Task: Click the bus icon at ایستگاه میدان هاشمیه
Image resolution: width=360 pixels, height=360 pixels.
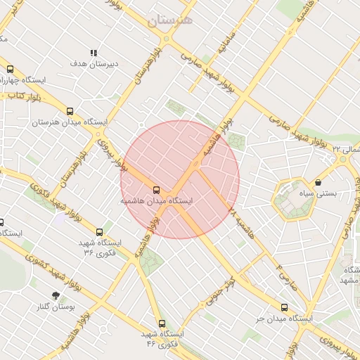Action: coord(156,190)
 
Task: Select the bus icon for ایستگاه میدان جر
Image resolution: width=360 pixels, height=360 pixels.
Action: coord(284,307)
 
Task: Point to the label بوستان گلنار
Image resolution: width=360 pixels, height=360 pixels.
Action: coord(56,307)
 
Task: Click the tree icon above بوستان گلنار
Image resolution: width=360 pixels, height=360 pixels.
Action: coord(56,295)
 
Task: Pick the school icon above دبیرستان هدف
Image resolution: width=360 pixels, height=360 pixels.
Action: coord(94,53)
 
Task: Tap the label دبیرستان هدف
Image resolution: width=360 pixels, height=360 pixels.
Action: coord(94,63)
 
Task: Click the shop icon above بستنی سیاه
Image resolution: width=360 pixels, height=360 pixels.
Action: coord(319,182)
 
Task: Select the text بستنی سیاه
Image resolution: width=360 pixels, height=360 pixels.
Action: coord(318,193)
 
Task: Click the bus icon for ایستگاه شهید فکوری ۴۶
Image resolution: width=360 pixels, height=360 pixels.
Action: coord(162,323)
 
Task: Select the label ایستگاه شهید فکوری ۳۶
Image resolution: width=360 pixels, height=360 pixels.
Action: coord(99,247)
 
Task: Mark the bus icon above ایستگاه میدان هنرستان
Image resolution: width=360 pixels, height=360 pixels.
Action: coord(69,110)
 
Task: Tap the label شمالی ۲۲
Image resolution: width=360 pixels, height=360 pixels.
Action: coord(346,149)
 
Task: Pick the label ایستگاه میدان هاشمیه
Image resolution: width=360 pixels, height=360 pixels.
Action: coord(156,200)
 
